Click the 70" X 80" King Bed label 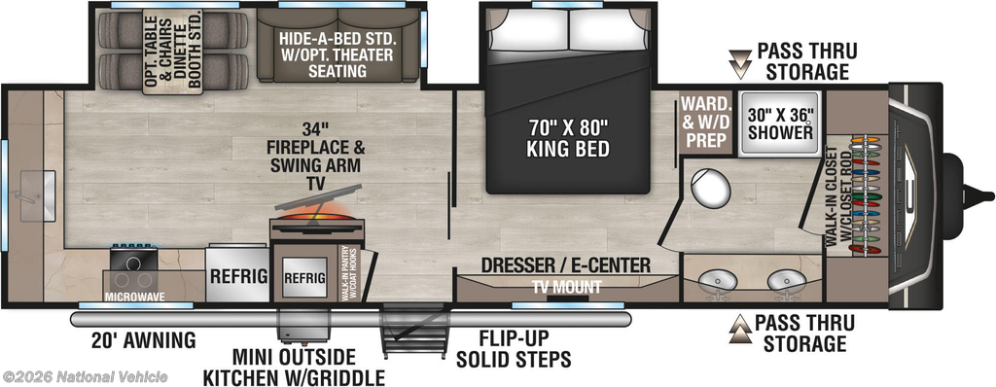click(568, 138)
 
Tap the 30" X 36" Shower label click(780, 123)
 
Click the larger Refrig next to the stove click(237, 275)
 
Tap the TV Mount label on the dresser click(567, 287)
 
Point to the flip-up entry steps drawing click(413, 331)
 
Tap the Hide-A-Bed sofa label click(338, 53)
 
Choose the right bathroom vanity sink click(785, 280)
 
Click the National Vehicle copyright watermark click(85, 376)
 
